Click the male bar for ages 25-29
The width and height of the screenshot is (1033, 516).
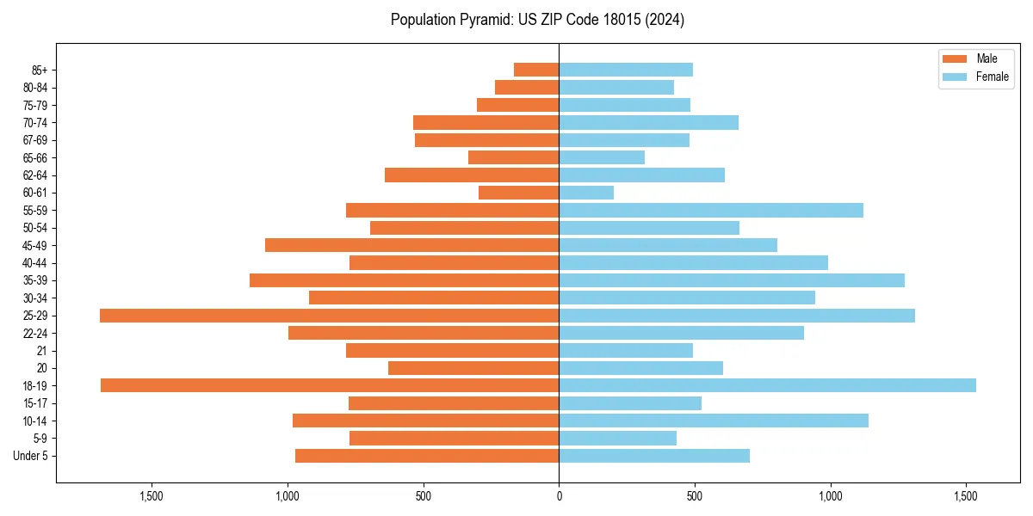[329, 316]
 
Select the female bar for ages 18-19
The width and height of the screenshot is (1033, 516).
[767, 385]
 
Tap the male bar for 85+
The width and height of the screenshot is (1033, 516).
[536, 70]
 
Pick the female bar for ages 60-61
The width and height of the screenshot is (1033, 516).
[586, 193]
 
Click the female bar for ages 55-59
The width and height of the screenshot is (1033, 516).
[711, 211]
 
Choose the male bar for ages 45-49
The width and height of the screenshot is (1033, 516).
[411, 245]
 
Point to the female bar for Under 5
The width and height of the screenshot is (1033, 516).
[654, 456]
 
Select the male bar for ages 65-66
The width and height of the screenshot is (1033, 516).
[513, 157]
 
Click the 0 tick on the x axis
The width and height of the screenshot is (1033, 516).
[559, 496]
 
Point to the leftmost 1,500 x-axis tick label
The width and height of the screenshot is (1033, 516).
[151, 496]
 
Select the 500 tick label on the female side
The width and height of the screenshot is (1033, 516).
[695, 496]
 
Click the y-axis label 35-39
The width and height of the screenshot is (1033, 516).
[35, 280]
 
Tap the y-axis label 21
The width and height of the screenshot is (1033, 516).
[41, 351]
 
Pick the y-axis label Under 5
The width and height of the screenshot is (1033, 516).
[30, 456]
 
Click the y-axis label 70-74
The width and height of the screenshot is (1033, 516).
[35, 123]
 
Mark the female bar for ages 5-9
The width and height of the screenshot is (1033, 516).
[617, 439]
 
